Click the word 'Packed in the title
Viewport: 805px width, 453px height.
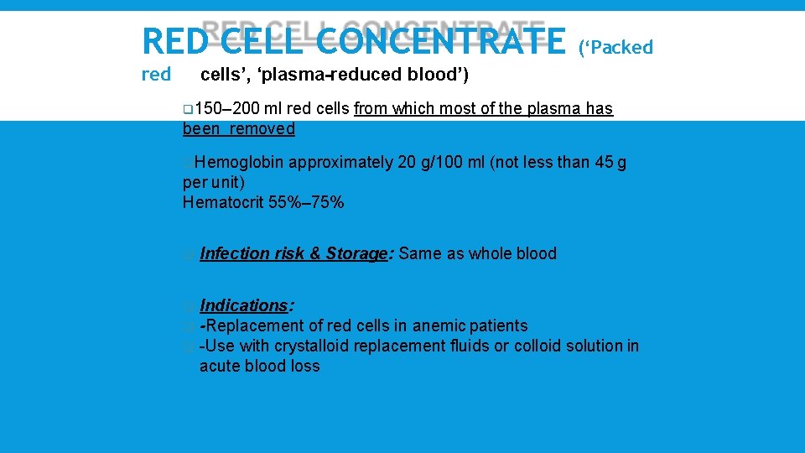[x=615, y=48]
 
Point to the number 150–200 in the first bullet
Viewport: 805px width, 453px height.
[x=219, y=109]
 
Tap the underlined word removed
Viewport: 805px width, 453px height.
[x=263, y=129]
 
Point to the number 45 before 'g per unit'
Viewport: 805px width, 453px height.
[x=605, y=163]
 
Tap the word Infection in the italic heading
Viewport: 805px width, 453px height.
[x=235, y=254]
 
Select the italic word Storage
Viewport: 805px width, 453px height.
[x=356, y=254]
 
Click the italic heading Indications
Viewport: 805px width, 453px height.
[x=243, y=305]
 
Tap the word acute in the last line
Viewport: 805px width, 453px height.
[x=220, y=366]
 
